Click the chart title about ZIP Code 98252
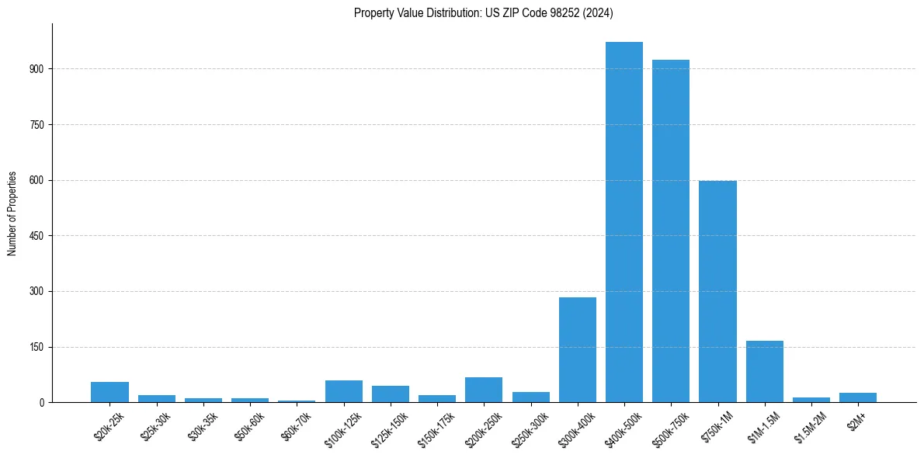click(x=484, y=12)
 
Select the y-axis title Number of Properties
click(x=12, y=213)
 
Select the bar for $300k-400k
click(x=578, y=350)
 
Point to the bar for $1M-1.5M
click(x=765, y=372)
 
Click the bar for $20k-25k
click(x=109, y=392)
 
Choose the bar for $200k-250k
click(x=484, y=390)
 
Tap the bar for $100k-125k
click(x=344, y=391)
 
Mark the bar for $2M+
click(x=858, y=397)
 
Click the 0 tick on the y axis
click(x=42, y=403)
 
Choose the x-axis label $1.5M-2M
click(x=809, y=426)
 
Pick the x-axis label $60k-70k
click(x=297, y=425)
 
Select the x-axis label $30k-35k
click(x=203, y=425)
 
